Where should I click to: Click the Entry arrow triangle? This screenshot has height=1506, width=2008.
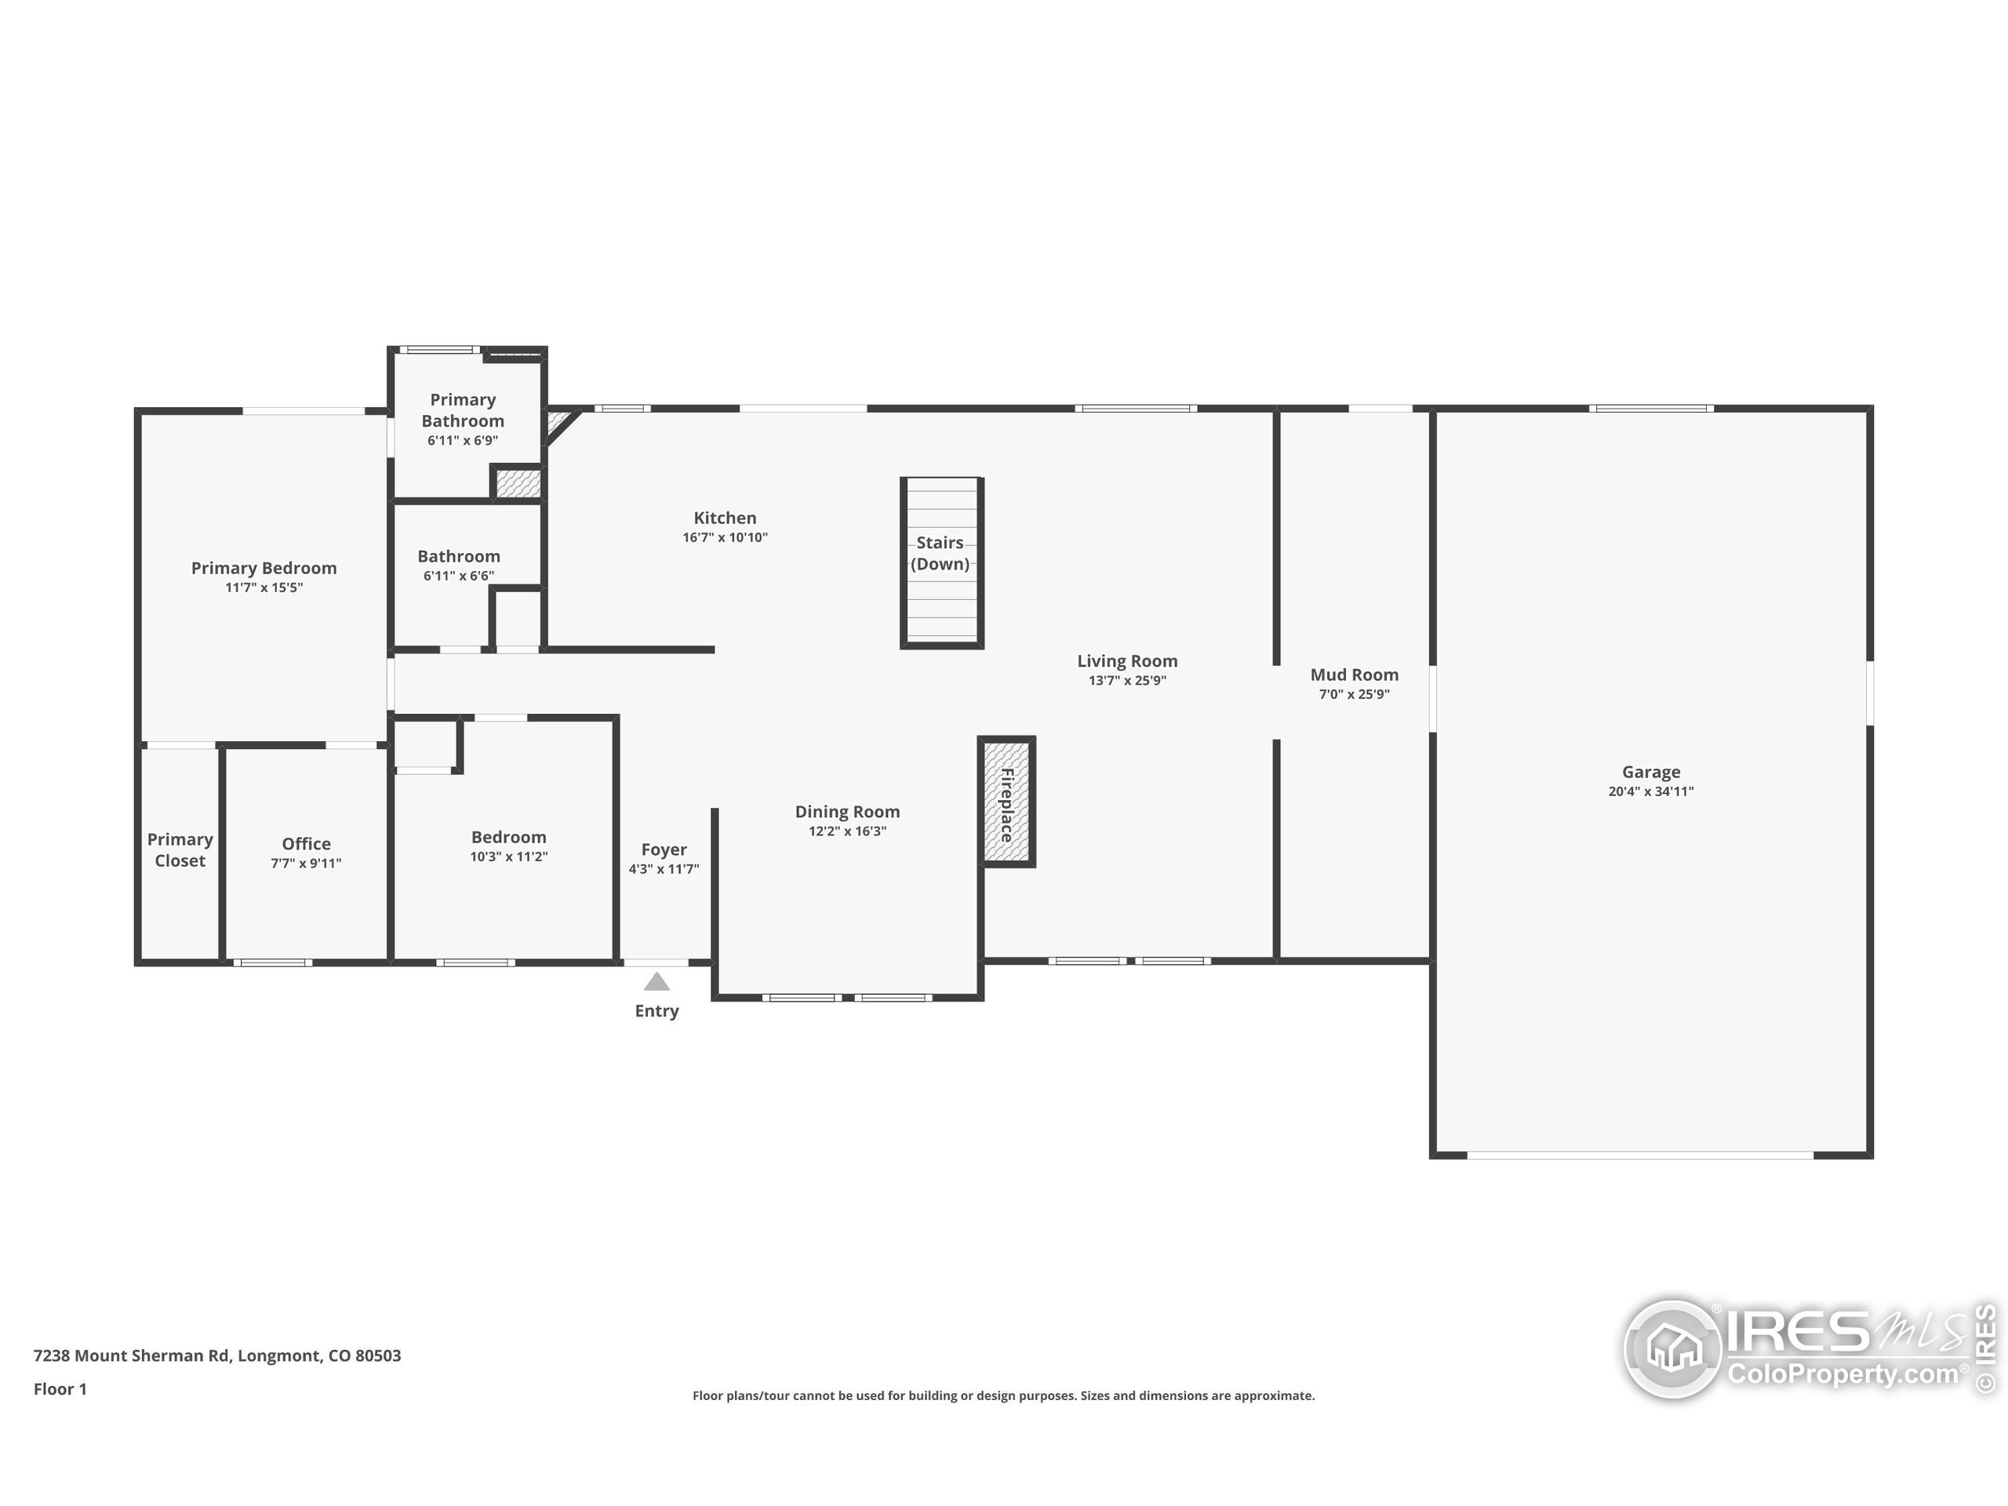click(x=657, y=982)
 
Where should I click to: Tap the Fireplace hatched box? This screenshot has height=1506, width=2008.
click(x=1006, y=802)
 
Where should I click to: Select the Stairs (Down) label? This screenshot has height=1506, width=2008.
click(x=940, y=553)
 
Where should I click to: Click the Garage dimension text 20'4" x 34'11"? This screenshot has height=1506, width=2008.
click(x=1650, y=791)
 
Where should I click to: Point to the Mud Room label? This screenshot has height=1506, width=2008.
click(x=1354, y=675)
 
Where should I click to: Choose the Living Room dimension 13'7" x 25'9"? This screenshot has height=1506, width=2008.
click(x=1126, y=681)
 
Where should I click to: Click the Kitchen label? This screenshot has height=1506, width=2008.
click(x=725, y=518)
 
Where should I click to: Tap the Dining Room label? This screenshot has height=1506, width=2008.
click(x=847, y=812)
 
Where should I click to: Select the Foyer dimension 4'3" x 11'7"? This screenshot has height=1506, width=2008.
click(x=664, y=870)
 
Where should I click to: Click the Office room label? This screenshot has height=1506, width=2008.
click(x=306, y=843)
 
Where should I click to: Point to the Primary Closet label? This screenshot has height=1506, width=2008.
click(x=180, y=849)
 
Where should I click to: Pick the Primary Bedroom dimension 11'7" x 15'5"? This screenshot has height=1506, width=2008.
click(x=264, y=588)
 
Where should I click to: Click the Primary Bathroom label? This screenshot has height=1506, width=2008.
click(x=462, y=410)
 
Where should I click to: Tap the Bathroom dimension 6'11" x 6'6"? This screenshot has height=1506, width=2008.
click(x=458, y=577)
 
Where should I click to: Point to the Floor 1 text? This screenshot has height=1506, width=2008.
click(x=60, y=1389)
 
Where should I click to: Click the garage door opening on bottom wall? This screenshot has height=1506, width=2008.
click(x=1639, y=1155)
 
